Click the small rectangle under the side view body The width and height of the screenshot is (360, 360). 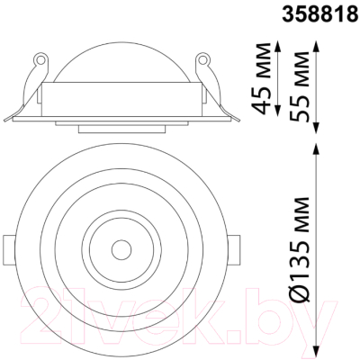(119, 129)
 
